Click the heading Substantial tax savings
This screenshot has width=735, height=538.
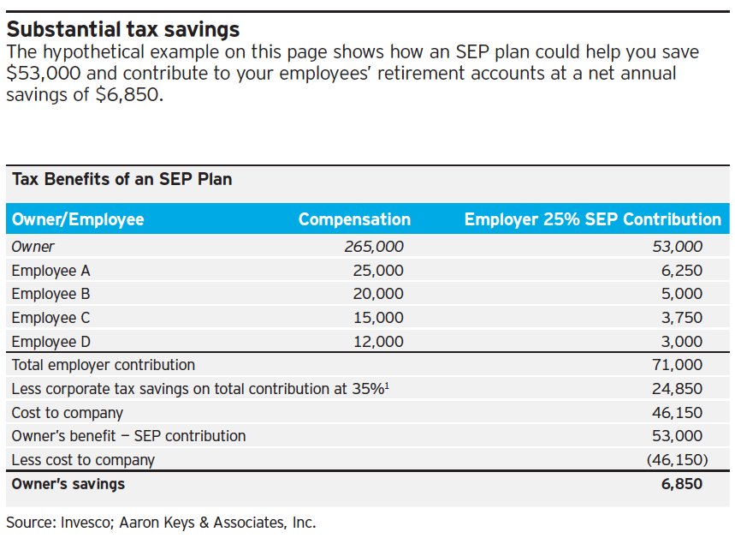pyautogui.click(x=123, y=31)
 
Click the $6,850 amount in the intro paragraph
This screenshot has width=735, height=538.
pyautogui.click(x=127, y=94)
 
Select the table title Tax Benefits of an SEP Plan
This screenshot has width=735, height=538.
pyautogui.click(x=122, y=180)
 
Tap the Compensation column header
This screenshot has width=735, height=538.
pyautogui.click(x=354, y=219)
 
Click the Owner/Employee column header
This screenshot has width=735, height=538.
pyautogui.click(x=78, y=219)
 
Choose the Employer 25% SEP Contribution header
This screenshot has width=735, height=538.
pyautogui.click(x=592, y=219)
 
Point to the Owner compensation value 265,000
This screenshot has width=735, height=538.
pyautogui.click(x=374, y=247)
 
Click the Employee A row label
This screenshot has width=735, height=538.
pyautogui.click(x=50, y=271)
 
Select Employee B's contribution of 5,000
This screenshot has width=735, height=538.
pyautogui.click(x=682, y=294)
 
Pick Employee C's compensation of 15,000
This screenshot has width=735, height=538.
pyautogui.click(x=377, y=318)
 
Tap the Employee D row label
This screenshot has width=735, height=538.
pyautogui.click(x=50, y=342)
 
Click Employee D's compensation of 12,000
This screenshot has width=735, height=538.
pyautogui.click(x=377, y=342)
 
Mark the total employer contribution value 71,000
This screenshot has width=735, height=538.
pyautogui.click(x=677, y=365)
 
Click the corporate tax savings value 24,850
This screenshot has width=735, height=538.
pyautogui.click(x=677, y=389)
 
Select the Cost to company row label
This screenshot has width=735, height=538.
pyautogui.click(x=68, y=413)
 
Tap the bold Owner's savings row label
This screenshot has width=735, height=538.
pyautogui.click(x=68, y=484)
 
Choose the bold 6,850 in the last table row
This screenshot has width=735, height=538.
pyautogui.click(x=682, y=484)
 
